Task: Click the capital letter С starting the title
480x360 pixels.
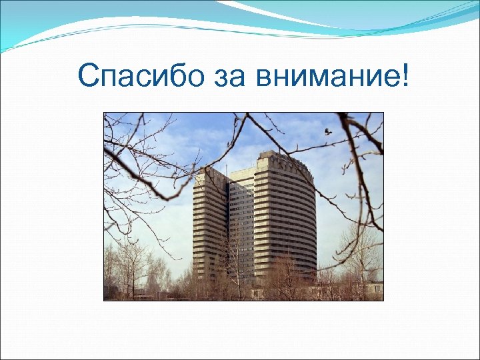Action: (87, 76)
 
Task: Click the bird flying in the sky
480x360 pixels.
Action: (327, 131)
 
